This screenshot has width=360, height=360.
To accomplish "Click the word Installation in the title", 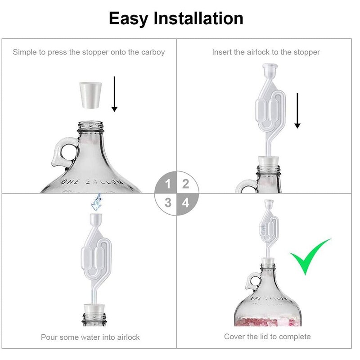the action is click(198, 18).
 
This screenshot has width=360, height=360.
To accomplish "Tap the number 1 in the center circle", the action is click(168, 184).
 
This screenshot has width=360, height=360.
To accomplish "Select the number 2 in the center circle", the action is click(185, 184).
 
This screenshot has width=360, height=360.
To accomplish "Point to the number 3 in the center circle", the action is click(168, 202).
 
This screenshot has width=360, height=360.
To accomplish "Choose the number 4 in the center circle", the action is click(185, 202).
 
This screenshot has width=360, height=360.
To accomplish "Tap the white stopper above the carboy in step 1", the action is click(90, 95).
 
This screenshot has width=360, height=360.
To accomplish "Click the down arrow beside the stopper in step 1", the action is click(114, 94).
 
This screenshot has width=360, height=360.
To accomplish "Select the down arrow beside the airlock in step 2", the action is click(297, 111).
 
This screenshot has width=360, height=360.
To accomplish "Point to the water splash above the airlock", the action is click(96, 202).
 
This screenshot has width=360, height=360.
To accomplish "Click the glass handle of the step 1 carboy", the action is click(63, 152).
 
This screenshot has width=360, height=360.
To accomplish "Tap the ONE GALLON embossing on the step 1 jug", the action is click(91, 182).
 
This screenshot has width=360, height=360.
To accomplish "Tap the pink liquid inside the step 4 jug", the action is click(268, 322).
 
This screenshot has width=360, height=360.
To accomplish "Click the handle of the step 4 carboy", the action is click(252, 280).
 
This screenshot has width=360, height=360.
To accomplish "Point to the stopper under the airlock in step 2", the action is click(269, 161).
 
